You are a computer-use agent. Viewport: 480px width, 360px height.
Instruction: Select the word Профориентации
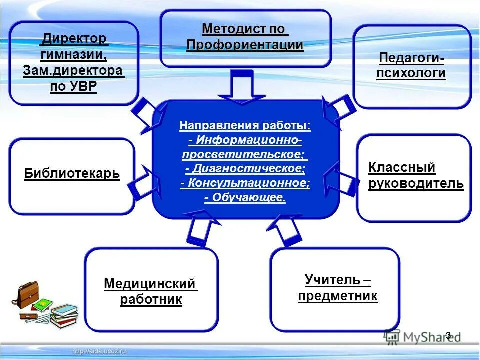pyautogui.click(x=245, y=45)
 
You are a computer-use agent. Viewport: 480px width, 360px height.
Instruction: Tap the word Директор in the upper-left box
pyautogui.click(x=74, y=38)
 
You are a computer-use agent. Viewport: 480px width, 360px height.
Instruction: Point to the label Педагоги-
pyautogui.click(x=412, y=58)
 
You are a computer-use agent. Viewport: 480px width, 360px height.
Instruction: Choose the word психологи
pyautogui.click(x=412, y=74)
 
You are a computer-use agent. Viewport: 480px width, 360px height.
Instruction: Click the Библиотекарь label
pyautogui.click(x=72, y=174)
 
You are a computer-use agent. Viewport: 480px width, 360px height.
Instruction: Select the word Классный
pyautogui.click(x=402, y=167)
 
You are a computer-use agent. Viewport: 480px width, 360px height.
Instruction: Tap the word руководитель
pyautogui.click(x=416, y=184)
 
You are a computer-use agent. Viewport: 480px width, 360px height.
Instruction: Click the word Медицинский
pyautogui.click(x=149, y=284)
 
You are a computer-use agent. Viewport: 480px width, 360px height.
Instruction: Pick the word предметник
pyautogui.click(x=337, y=296)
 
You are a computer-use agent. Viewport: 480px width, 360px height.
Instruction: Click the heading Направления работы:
pyautogui.click(x=245, y=125)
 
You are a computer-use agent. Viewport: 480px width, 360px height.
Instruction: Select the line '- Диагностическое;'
pyautogui.click(x=245, y=169)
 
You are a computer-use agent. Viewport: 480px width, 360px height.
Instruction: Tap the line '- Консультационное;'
pyautogui.click(x=245, y=183)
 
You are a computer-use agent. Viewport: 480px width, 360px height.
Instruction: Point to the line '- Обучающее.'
pyautogui.click(x=245, y=198)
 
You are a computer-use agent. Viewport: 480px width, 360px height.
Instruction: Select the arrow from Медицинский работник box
pyautogui.click(x=199, y=227)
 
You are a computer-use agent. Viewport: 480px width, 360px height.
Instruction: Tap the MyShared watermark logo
pyautogui.click(x=422, y=337)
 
